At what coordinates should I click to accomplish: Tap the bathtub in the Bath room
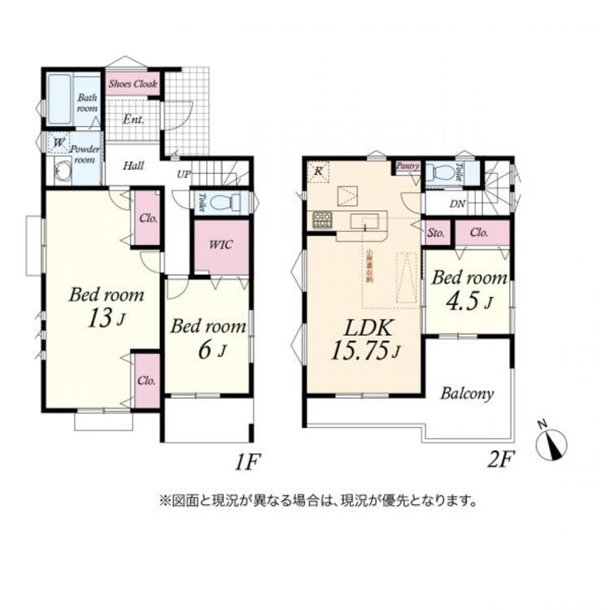tap(59, 101)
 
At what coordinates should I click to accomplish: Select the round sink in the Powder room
tap(62, 172)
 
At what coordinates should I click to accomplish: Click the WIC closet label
tap(220, 244)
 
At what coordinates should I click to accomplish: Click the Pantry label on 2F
tap(408, 167)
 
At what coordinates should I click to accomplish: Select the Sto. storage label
tap(437, 233)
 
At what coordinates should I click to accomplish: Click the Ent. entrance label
tap(134, 120)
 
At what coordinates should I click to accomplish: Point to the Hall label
tap(134, 166)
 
